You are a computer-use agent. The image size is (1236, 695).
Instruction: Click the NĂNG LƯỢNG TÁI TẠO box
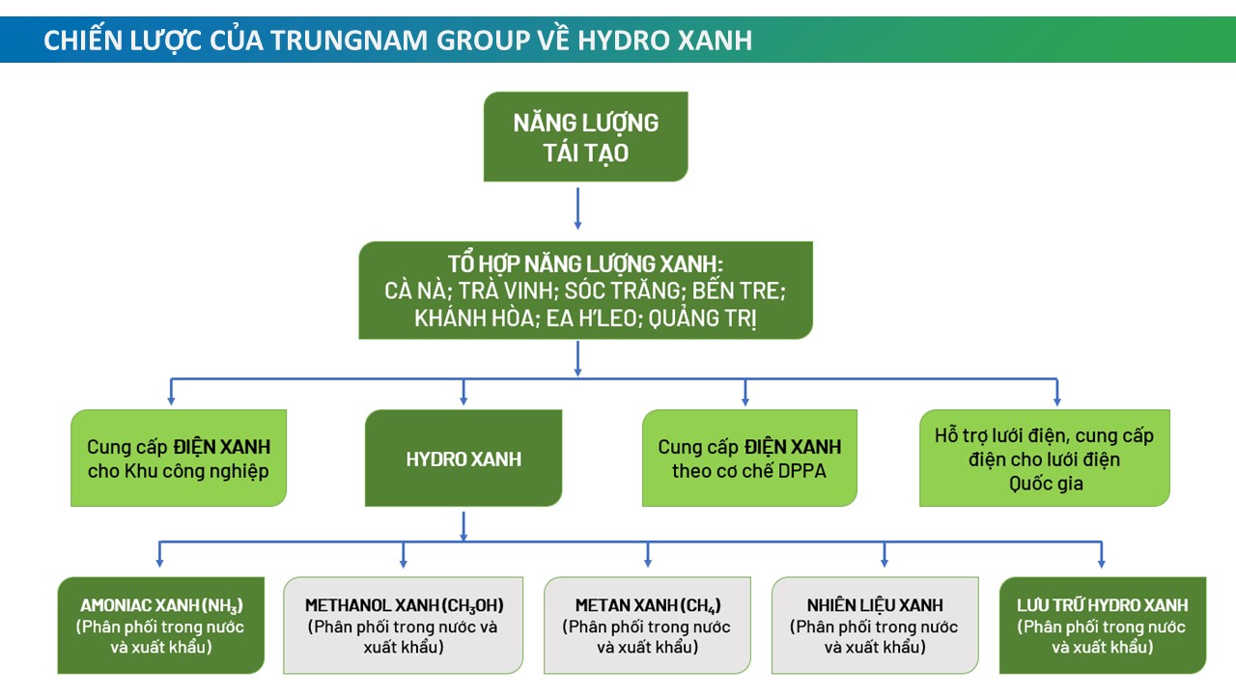click(585, 137)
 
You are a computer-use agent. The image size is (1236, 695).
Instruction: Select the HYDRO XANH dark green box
click(463, 458)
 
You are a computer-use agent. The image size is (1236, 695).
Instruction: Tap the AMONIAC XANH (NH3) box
click(161, 625)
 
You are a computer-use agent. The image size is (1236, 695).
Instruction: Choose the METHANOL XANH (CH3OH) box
click(404, 625)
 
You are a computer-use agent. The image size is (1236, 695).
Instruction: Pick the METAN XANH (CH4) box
click(647, 625)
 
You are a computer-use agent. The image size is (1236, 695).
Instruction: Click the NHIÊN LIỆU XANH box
click(875, 625)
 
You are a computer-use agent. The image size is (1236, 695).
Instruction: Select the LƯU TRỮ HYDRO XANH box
click(1103, 625)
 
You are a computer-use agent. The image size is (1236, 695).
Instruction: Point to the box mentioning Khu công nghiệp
click(179, 458)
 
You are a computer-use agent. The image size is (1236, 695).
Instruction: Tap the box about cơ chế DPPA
click(749, 458)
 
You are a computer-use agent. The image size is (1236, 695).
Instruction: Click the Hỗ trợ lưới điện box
click(1045, 458)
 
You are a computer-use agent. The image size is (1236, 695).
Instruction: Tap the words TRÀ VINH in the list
click(505, 291)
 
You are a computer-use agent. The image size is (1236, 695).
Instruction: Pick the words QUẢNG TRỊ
click(702, 319)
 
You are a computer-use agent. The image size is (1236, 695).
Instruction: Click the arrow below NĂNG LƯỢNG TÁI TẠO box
click(577, 208)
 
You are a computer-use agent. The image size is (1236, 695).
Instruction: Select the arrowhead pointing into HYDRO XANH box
click(463, 400)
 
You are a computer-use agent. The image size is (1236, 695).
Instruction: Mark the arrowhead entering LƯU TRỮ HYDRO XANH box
click(1102, 562)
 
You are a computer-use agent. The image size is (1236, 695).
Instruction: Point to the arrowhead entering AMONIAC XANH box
click(159, 562)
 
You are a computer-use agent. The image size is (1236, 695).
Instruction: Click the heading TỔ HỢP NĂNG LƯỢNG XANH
click(585, 264)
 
